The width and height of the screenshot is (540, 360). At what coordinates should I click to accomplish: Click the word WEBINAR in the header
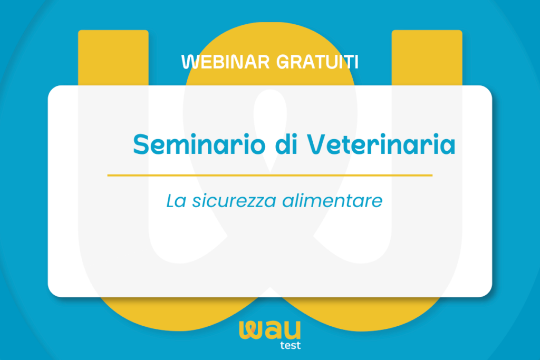tap(226, 62)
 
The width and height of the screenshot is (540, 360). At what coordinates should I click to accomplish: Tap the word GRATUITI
tap(317, 62)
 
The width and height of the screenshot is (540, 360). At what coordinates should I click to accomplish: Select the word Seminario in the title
tap(199, 144)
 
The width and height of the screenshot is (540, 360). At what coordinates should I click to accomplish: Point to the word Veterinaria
tap(381, 144)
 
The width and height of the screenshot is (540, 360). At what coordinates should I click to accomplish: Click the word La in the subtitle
tap(176, 201)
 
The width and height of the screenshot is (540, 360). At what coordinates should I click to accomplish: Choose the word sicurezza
tap(234, 201)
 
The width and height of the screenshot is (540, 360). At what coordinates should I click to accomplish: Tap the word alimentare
tap(332, 201)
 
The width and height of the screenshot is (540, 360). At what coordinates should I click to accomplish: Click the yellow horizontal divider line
tap(269, 175)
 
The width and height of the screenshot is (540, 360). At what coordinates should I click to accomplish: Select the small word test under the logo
tap(291, 345)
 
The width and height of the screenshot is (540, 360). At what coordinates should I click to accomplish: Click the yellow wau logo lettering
tap(269, 330)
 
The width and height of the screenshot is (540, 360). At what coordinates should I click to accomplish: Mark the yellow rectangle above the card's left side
tap(113, 57)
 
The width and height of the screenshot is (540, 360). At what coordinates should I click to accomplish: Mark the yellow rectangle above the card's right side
tap(427, 57)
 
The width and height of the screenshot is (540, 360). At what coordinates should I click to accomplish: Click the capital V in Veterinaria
tap(317, 144)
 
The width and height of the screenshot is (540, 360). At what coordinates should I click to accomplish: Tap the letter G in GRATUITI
tap(283, 62)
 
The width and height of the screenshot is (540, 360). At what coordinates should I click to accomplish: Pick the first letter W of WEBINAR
tap(189, 62)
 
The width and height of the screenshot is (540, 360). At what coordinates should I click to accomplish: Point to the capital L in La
tap(170, 201)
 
